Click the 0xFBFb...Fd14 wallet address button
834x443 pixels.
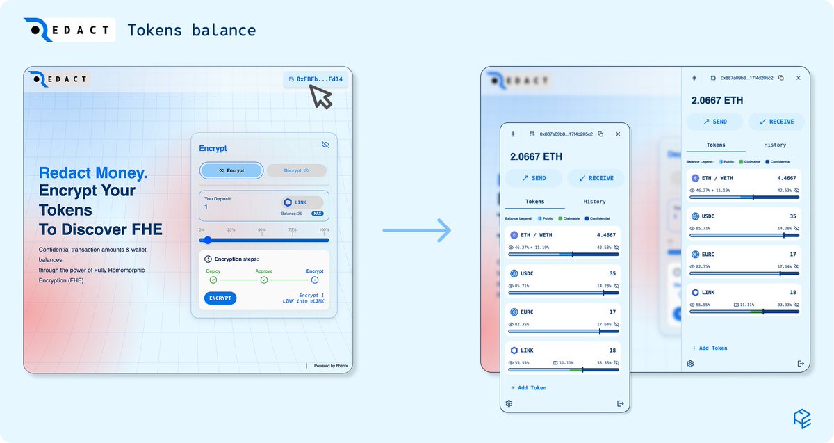tap(316, 79)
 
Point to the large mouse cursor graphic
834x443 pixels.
tap(320, 97)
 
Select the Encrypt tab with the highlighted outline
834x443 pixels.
tap(231, 170)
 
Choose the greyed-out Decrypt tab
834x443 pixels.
tap(296, 170)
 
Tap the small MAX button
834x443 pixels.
tap(317, 214)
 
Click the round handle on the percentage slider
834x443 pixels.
tap(207, 240)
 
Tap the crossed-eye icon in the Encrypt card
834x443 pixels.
tap(325, 144)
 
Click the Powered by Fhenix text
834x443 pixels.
tap(330, 366)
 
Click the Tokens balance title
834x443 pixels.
tap(192, 31)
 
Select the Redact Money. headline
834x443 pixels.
tap(93, 173)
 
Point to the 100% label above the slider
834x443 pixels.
tap(324, 229)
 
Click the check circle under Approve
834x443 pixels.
tap(264, 280)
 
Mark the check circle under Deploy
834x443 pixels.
tap(213, 280)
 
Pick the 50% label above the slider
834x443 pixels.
tap(261, 229)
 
